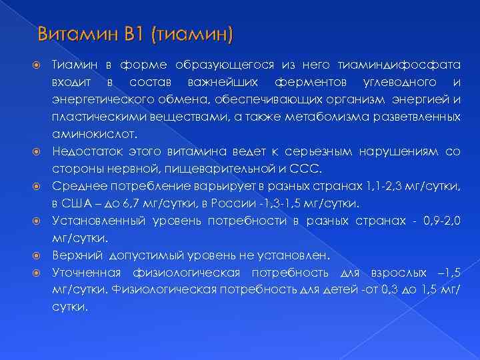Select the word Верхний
pos(76,255)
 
